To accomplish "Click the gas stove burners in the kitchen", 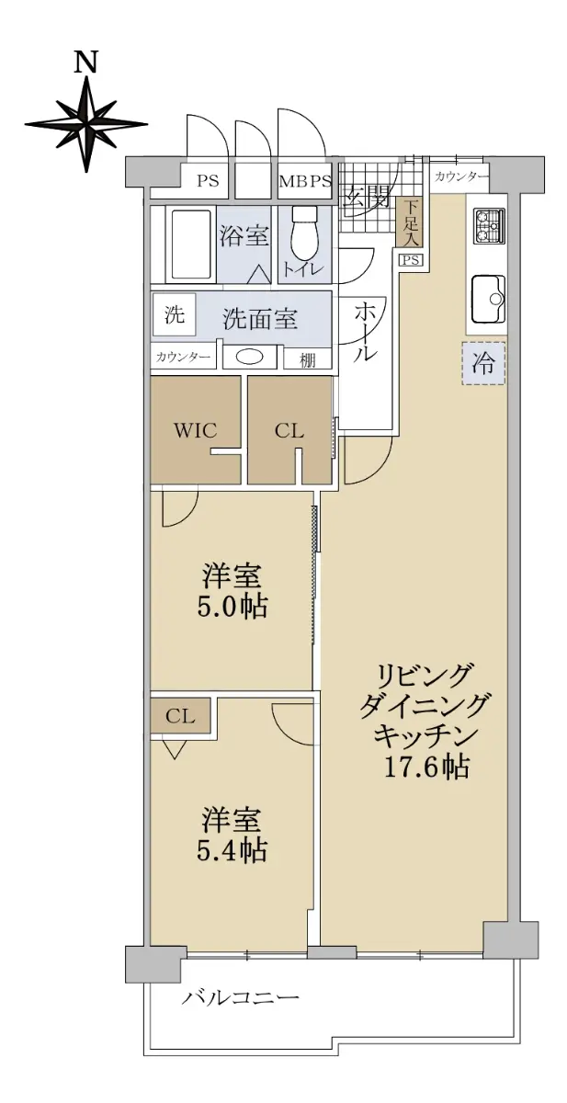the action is click(x=488, y=225).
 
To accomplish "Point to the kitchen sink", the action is click(x=489, y=298).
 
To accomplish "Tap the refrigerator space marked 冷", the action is click(x=482, y=363).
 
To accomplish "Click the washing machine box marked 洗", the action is click(x=174, y=315).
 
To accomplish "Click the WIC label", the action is click(x=195, y=430).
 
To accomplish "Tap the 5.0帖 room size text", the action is click(x=232, y=607).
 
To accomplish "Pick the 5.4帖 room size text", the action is click(x=232, y=850).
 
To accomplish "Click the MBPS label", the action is click(x=305, y=181).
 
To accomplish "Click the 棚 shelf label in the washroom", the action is click(x=307, y=360).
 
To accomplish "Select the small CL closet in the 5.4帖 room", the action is click(x=180, y=715).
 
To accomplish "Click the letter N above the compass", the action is click(x=85, y=63).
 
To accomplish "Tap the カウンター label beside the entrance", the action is click(x=461, y=177).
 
